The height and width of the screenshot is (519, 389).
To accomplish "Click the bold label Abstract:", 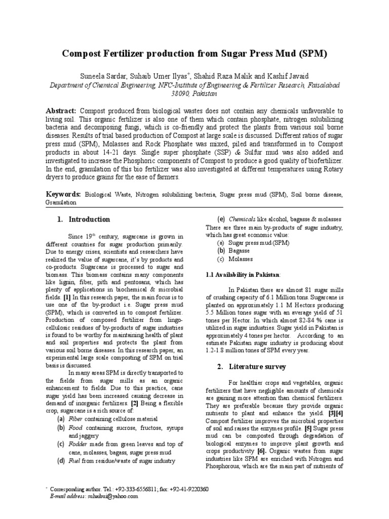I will (61, 111).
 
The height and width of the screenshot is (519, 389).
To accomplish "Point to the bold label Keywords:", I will (63, 194).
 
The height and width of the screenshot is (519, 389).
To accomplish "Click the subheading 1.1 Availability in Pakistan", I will (243, 274).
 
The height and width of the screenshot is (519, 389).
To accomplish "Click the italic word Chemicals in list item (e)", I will (243, 219).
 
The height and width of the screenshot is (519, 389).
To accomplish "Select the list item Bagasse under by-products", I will (240, 251).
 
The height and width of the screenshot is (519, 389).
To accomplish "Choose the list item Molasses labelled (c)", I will (241, 259).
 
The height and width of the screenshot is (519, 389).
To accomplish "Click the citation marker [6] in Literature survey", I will (261, 451).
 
